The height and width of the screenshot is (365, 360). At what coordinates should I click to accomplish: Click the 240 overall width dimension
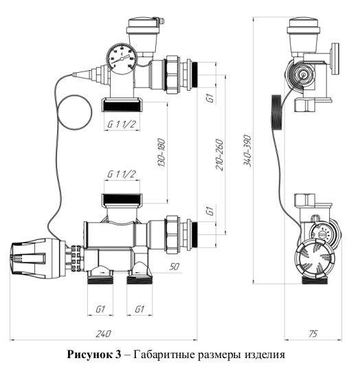click(104, 334)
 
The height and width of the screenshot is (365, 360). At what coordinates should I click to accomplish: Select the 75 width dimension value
click(313, 334)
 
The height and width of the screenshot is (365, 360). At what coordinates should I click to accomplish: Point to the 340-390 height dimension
click(247, 151)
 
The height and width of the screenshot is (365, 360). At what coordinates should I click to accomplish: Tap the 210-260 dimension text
click(219, 155)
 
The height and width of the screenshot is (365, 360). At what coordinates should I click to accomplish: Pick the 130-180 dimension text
click(161, 153)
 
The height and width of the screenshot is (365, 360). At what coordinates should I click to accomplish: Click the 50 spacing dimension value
click(175, 267)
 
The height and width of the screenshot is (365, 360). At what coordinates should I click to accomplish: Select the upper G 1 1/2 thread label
click(121, 124)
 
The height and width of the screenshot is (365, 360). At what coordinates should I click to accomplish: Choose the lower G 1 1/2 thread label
click(121, 175)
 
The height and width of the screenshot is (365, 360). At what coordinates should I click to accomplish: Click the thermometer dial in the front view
click(122, 58)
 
